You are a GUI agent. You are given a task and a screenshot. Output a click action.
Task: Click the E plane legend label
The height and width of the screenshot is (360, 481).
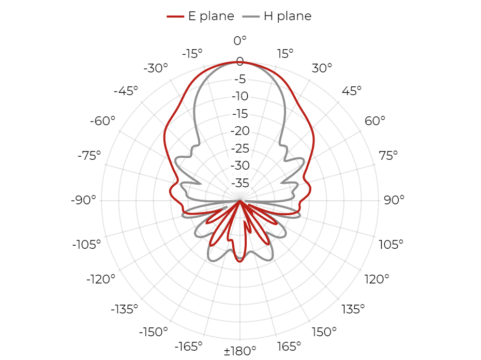coord(211,16)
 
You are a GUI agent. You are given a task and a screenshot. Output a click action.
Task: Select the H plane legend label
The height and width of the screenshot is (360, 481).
coord(288,16)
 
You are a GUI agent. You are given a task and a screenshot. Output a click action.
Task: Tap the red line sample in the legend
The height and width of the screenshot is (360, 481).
coord(175,16)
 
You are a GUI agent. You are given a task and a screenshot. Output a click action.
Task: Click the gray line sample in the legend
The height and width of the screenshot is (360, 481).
coord(251,16)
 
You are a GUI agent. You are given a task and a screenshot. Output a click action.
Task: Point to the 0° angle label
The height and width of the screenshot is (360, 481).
coord(240,40)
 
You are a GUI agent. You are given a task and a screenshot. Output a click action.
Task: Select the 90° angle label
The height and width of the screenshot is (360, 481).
coord(394,200)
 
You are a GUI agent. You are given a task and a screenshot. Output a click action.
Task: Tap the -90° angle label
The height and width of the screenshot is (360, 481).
coord(83,200)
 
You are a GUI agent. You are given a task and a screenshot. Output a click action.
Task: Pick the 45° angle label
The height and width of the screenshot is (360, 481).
coord(352,91)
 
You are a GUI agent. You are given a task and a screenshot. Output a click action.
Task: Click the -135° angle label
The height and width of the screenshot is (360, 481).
coord(125,309)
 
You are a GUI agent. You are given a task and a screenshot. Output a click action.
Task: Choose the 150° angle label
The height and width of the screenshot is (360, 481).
coord(324,332)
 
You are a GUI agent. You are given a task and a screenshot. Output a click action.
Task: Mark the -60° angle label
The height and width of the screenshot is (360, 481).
coord(102,121)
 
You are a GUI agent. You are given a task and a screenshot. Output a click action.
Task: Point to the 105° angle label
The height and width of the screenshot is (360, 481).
coord(391,245)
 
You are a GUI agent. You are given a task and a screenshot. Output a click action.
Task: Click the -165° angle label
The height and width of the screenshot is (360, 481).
coord(189,347)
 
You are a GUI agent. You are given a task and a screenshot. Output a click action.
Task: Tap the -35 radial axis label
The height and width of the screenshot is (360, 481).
coord(240,183)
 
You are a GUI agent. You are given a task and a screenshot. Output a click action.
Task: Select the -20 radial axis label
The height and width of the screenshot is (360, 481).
coord(240,131)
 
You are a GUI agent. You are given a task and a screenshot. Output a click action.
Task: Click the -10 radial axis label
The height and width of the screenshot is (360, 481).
coord(240,96)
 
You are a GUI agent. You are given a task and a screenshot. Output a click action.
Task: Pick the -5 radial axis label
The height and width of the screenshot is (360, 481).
coord(240,79)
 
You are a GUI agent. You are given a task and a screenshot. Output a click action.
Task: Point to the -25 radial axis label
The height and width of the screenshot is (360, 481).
coord(240,148)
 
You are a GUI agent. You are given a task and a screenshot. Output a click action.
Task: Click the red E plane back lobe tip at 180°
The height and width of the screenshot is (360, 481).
coord(240,262)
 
